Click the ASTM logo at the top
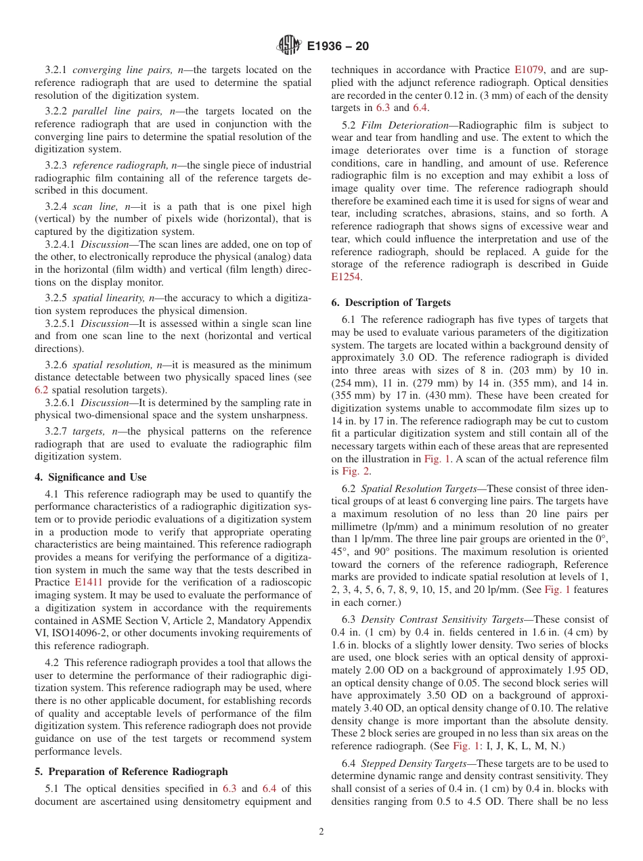(x=289, y=46)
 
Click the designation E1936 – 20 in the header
(x=338, y=47)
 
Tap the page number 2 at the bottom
(x=321, y=832)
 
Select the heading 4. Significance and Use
(x=90, y=477)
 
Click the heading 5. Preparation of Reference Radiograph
(x=131, y=771)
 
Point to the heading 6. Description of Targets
(x=391, y=302)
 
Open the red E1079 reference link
(x=530, y=70)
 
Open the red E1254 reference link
(x=346, y=277)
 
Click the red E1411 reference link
(x=89, y=582)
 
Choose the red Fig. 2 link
(x=356, y=471)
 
